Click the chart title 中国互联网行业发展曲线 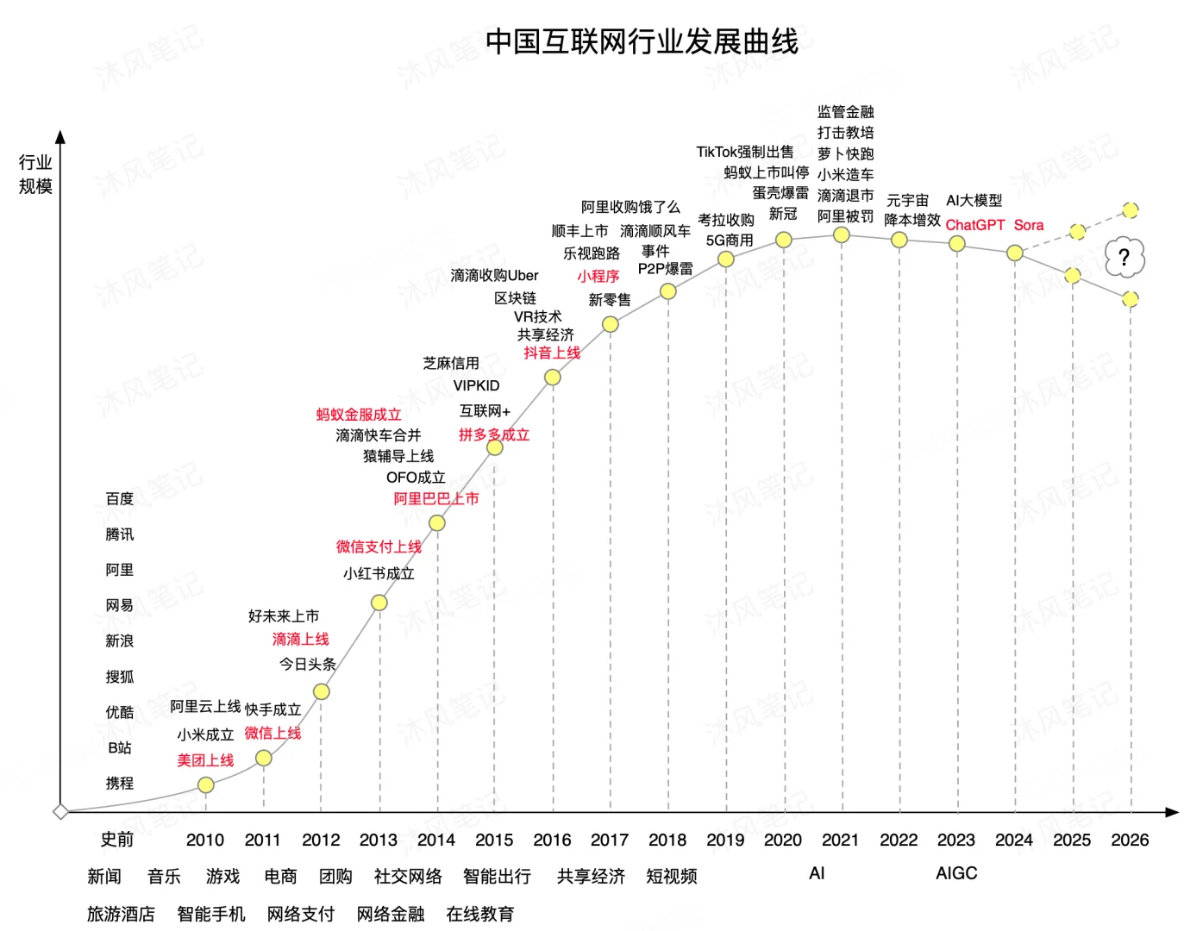pos(642,41)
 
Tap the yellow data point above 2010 pos(205,784)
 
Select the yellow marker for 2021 pos(842,234)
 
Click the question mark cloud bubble pos(1124,257)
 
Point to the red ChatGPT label pos(974,225)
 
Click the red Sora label pos(1028,225)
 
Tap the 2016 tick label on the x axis pos(552,840)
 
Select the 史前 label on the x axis pos(117,840)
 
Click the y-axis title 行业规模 pos(35,174)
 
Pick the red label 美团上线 pos(205,760)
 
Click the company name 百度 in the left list pos(120,499)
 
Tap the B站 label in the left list pos(120,747)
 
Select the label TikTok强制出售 pos(744,152)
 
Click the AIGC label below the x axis pos(956,873)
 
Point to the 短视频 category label pos(671,877)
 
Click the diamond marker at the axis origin pos(60,811)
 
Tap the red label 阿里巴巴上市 pos(435,498)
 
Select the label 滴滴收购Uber pos(494,276)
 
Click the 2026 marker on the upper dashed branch pos(1130,209)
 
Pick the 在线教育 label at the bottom pos(479,914)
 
